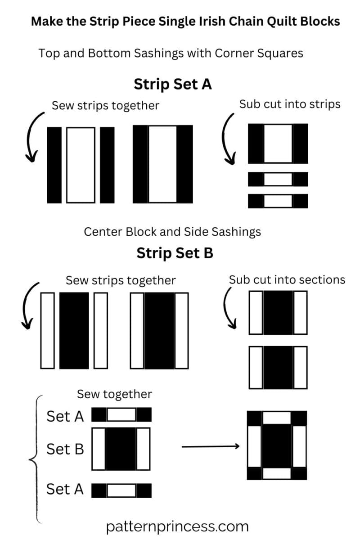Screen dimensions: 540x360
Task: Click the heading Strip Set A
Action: click(x=172, y=84)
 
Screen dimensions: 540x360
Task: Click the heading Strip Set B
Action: click(x=175, y=253)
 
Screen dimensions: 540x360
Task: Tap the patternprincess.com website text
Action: click(x=177, y=526)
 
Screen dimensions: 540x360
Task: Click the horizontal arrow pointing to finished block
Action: click(x=210, y=446)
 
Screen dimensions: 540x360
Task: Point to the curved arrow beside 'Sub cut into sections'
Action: click(x=229, y=307)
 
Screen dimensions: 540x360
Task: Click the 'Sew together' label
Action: click(x=114, y=394)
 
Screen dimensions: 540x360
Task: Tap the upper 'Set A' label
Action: click(x=65, y=416)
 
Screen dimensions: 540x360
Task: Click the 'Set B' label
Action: click(x=65, y=449)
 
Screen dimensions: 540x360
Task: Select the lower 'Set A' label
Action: click(x=65, y=489)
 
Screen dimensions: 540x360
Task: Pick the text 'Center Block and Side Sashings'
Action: click(x=172, y=232)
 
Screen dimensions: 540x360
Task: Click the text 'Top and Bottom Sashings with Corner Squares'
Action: click(x=171, y=53)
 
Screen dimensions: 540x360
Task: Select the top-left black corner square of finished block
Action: click(x=254, y=418)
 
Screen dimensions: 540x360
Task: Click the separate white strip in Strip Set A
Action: click(x=81, y=165)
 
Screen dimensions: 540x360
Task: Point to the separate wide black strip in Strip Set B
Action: click(x=74, y=330)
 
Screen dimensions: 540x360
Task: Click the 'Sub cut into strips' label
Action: click(x=290, y=104)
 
